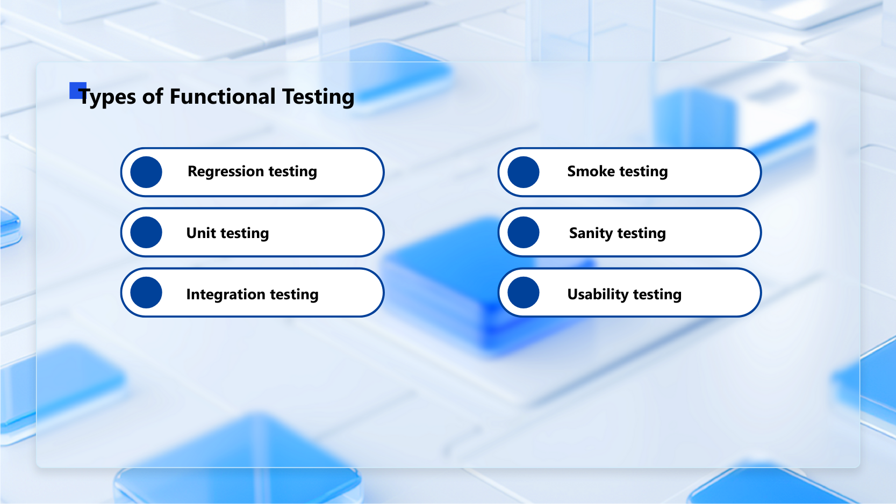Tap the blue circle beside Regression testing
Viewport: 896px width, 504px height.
point(146,172)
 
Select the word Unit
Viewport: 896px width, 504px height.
point(201,233)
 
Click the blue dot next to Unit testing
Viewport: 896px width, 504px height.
point(146,233)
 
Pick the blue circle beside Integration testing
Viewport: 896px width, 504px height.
point(146,293)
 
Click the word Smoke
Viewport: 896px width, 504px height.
point(591,171)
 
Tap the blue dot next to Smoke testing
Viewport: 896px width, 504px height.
point(524,172)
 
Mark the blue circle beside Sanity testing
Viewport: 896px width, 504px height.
point(524,233)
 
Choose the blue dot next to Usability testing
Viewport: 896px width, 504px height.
point(524,293)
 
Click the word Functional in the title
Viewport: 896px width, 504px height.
point(223,97)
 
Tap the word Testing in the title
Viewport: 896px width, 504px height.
point(318,97)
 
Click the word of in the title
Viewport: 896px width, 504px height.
point(153,97)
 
